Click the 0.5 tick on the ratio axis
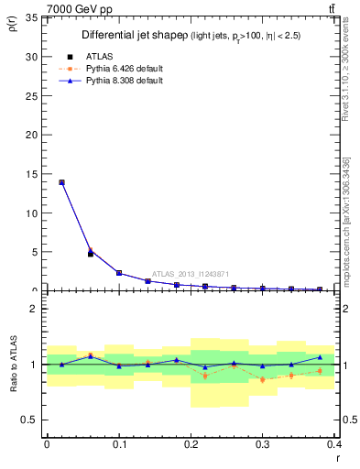coord(29,420)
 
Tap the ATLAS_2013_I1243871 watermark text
coord(190,273)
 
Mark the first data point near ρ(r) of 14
coord(61,182)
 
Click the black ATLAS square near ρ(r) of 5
coord(90,254)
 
